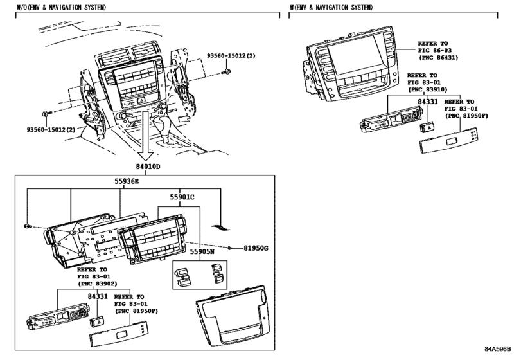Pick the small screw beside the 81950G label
click(x=231, y=247)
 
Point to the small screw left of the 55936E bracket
click(x=26, y=226)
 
